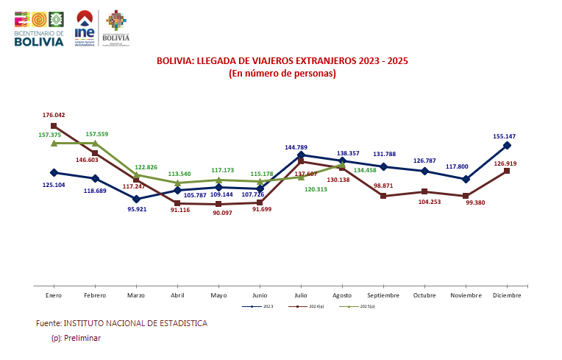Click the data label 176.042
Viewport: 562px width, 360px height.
coord(54,116)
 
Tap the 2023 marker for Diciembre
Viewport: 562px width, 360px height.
coord(507,146)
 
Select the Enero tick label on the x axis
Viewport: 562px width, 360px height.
coord(54,295)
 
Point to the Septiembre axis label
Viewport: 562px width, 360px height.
coord(383,295)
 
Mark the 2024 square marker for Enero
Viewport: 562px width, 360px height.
coord(54,126)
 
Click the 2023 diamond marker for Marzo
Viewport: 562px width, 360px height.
coord(136,199)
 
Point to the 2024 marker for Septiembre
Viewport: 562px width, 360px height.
coord(383,196)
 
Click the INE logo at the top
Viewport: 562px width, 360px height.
coord(85,28)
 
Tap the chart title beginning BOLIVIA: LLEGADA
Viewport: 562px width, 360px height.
coord(282,60)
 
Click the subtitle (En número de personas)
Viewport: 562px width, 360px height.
coord(282,73)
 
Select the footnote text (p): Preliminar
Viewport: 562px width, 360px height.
coord(75,338)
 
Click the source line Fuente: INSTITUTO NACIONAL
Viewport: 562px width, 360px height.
coord(121,323)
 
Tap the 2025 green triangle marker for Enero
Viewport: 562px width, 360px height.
coord(54,143)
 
